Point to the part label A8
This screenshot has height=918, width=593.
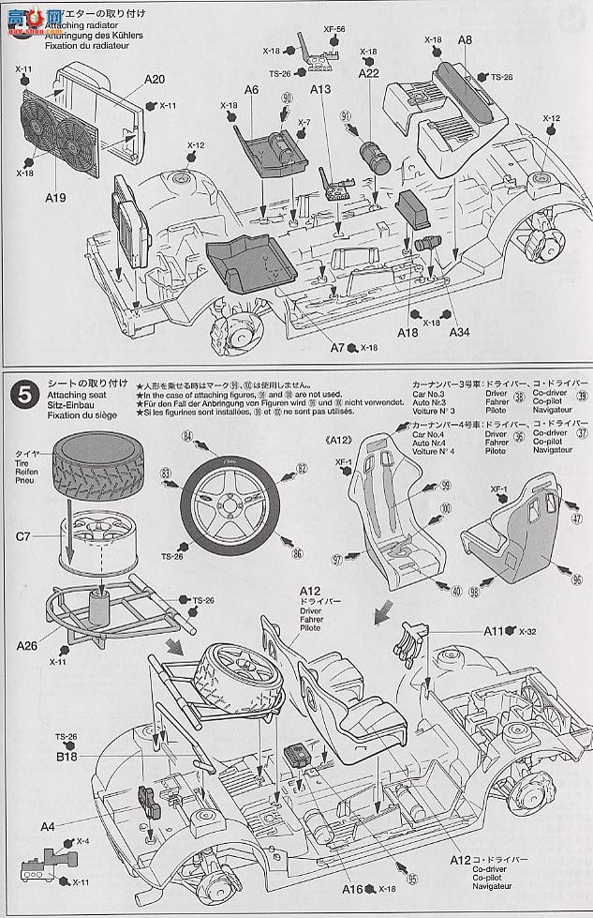(x=465, y=41)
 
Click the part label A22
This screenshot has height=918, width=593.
(x=368, y=74)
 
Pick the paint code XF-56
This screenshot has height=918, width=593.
(x=334, y=29)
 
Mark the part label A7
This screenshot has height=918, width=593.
(x=339, y=347)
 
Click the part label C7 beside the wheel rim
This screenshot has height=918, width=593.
(x=22, y=537)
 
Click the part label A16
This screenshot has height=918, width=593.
(x=352, y=888)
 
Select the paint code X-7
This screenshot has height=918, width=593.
(x=304, y=124)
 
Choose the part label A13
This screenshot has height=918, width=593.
(x=321, y=90)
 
